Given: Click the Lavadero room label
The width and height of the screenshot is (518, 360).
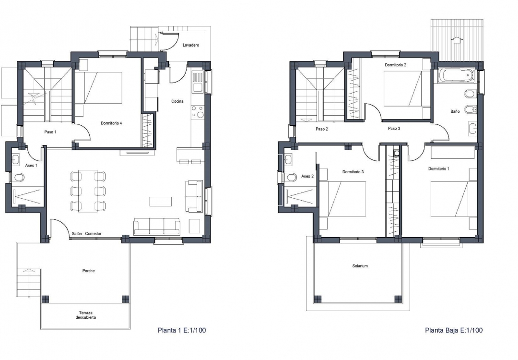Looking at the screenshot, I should (191, 45).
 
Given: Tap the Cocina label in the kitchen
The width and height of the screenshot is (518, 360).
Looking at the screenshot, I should (177, 101).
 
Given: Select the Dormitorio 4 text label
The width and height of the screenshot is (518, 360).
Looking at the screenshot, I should (111, 123).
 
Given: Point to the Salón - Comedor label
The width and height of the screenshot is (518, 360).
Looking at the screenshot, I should (87, 234).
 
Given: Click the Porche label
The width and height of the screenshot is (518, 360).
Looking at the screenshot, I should (88, 271).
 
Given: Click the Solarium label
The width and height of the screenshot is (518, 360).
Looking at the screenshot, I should (360, 266).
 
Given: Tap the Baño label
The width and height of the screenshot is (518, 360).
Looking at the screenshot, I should (455, 111).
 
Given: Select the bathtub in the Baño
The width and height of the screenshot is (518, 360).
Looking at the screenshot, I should (456, 76).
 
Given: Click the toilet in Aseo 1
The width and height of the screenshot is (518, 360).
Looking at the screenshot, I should (18, 178).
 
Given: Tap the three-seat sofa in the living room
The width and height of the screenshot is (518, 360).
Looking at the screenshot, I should (156, 226).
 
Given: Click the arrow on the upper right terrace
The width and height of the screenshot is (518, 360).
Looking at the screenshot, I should (457, 40).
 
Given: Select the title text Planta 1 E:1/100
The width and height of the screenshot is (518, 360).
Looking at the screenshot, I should (182, 330).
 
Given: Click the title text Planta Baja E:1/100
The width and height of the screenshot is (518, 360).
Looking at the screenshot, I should (454, 330).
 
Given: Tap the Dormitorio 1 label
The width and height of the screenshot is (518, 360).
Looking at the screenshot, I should (439, 169).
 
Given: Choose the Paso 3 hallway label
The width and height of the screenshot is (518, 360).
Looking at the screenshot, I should (394, 129).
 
